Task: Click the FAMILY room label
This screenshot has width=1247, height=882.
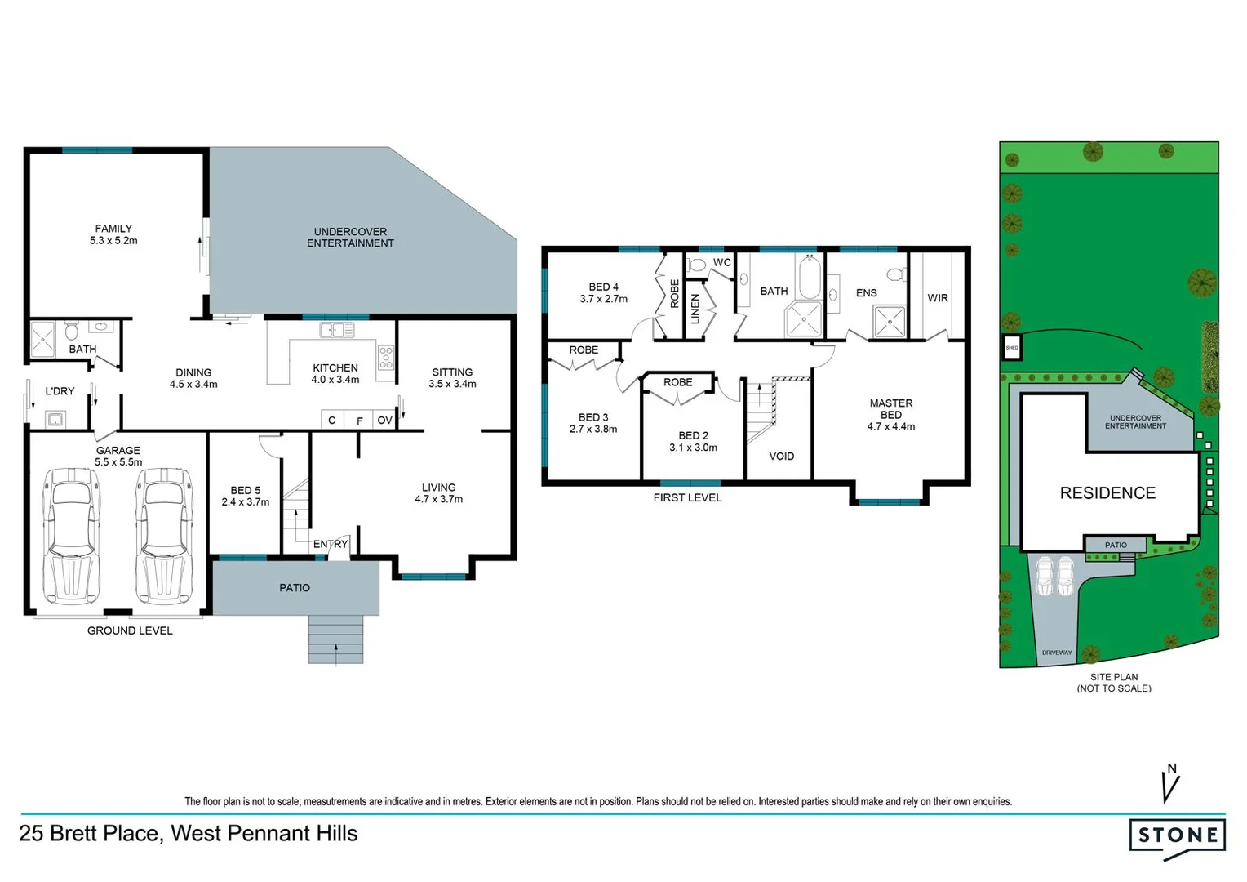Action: (x=113, y=229)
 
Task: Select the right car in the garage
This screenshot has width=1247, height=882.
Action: (x=164, y=536)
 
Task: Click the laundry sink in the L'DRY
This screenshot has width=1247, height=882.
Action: (x=55, y=420)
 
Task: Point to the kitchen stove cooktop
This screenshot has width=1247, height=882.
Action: (x=386, y=358)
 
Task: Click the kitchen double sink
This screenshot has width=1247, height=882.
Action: (x=336, y=330)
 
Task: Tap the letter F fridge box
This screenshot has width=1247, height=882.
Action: (x=359, y=421)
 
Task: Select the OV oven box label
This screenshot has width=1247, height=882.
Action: (x=384, y=421)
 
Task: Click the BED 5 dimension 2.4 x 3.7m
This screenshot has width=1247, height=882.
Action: (x=245, y=502)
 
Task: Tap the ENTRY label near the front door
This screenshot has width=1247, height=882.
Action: (x=331, y=544)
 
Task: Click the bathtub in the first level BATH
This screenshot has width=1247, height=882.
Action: (x=809, y=277)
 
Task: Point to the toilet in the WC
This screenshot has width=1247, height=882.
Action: (x=696, y=265)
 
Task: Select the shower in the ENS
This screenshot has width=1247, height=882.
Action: (x=889, y=321)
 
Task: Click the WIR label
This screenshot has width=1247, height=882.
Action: (x=938, y=298)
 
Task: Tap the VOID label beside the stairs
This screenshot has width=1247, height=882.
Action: (x=781, y=457)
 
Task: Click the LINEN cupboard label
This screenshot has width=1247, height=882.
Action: (x=695, y=310)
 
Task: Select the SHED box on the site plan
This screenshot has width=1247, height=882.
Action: (x=1012, y=348)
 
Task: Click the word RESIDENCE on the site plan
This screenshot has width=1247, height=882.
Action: (x=1107, y=493)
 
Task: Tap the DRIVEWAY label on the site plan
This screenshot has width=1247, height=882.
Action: (x=1057, y=653)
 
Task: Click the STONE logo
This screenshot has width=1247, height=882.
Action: (x=1178, y=835)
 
